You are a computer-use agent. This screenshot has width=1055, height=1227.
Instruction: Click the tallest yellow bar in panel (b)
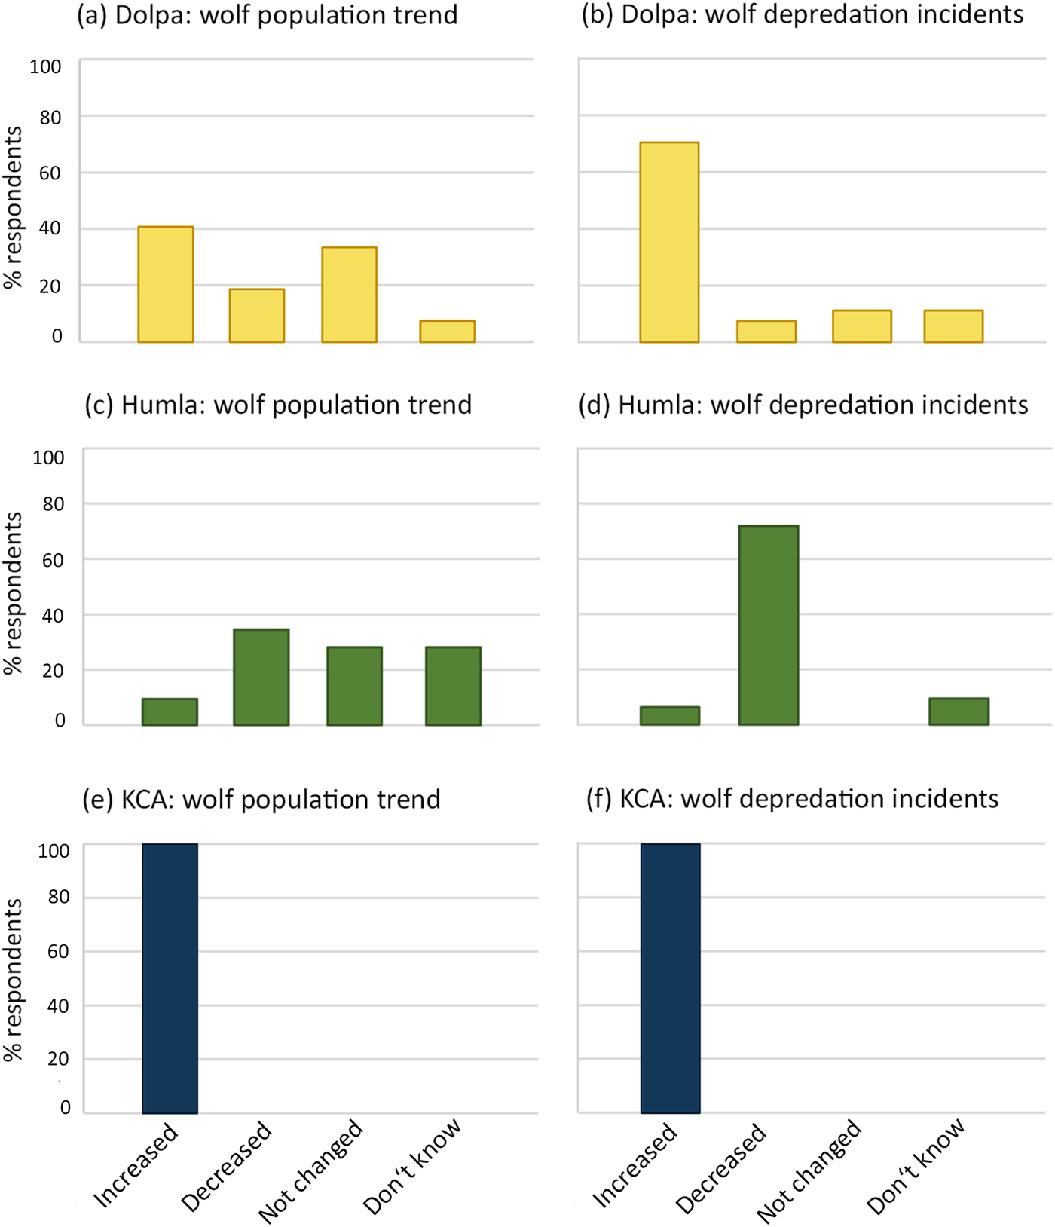point(669,242)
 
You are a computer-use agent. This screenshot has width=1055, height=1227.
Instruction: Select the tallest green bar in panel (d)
point(768,625)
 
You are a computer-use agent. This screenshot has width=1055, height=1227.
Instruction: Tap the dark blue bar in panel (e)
point(170,978)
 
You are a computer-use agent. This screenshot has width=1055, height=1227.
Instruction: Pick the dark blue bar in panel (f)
point(670,978)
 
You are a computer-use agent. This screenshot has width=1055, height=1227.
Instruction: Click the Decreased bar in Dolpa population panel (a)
point(257,316)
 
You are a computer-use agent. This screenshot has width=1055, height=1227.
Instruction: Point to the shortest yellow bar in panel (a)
point(447,332)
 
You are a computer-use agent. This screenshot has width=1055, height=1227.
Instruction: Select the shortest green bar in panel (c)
point(170,711)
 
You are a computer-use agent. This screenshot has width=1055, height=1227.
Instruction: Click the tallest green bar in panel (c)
point(261,677)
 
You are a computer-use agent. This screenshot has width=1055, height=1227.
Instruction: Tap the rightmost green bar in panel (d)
point(959,711)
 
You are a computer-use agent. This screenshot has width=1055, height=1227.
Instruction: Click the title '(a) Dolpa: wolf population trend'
point(268,15)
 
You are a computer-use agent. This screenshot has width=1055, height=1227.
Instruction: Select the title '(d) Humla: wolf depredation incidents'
point(803,405)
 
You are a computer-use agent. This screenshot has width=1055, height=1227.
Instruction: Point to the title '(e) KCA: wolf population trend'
point(261,799)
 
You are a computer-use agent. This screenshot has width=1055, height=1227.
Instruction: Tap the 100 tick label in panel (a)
point(45,66)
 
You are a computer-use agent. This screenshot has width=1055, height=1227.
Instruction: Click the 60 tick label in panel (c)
point(54,560)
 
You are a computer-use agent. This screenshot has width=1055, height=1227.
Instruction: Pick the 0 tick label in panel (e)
point(66,1107)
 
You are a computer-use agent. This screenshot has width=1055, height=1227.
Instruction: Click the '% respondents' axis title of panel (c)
point(14,593)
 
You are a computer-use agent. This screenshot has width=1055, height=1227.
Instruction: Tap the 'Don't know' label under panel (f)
point(916,1166)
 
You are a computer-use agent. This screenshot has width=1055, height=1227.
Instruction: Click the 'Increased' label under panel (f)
point(635,1164)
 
